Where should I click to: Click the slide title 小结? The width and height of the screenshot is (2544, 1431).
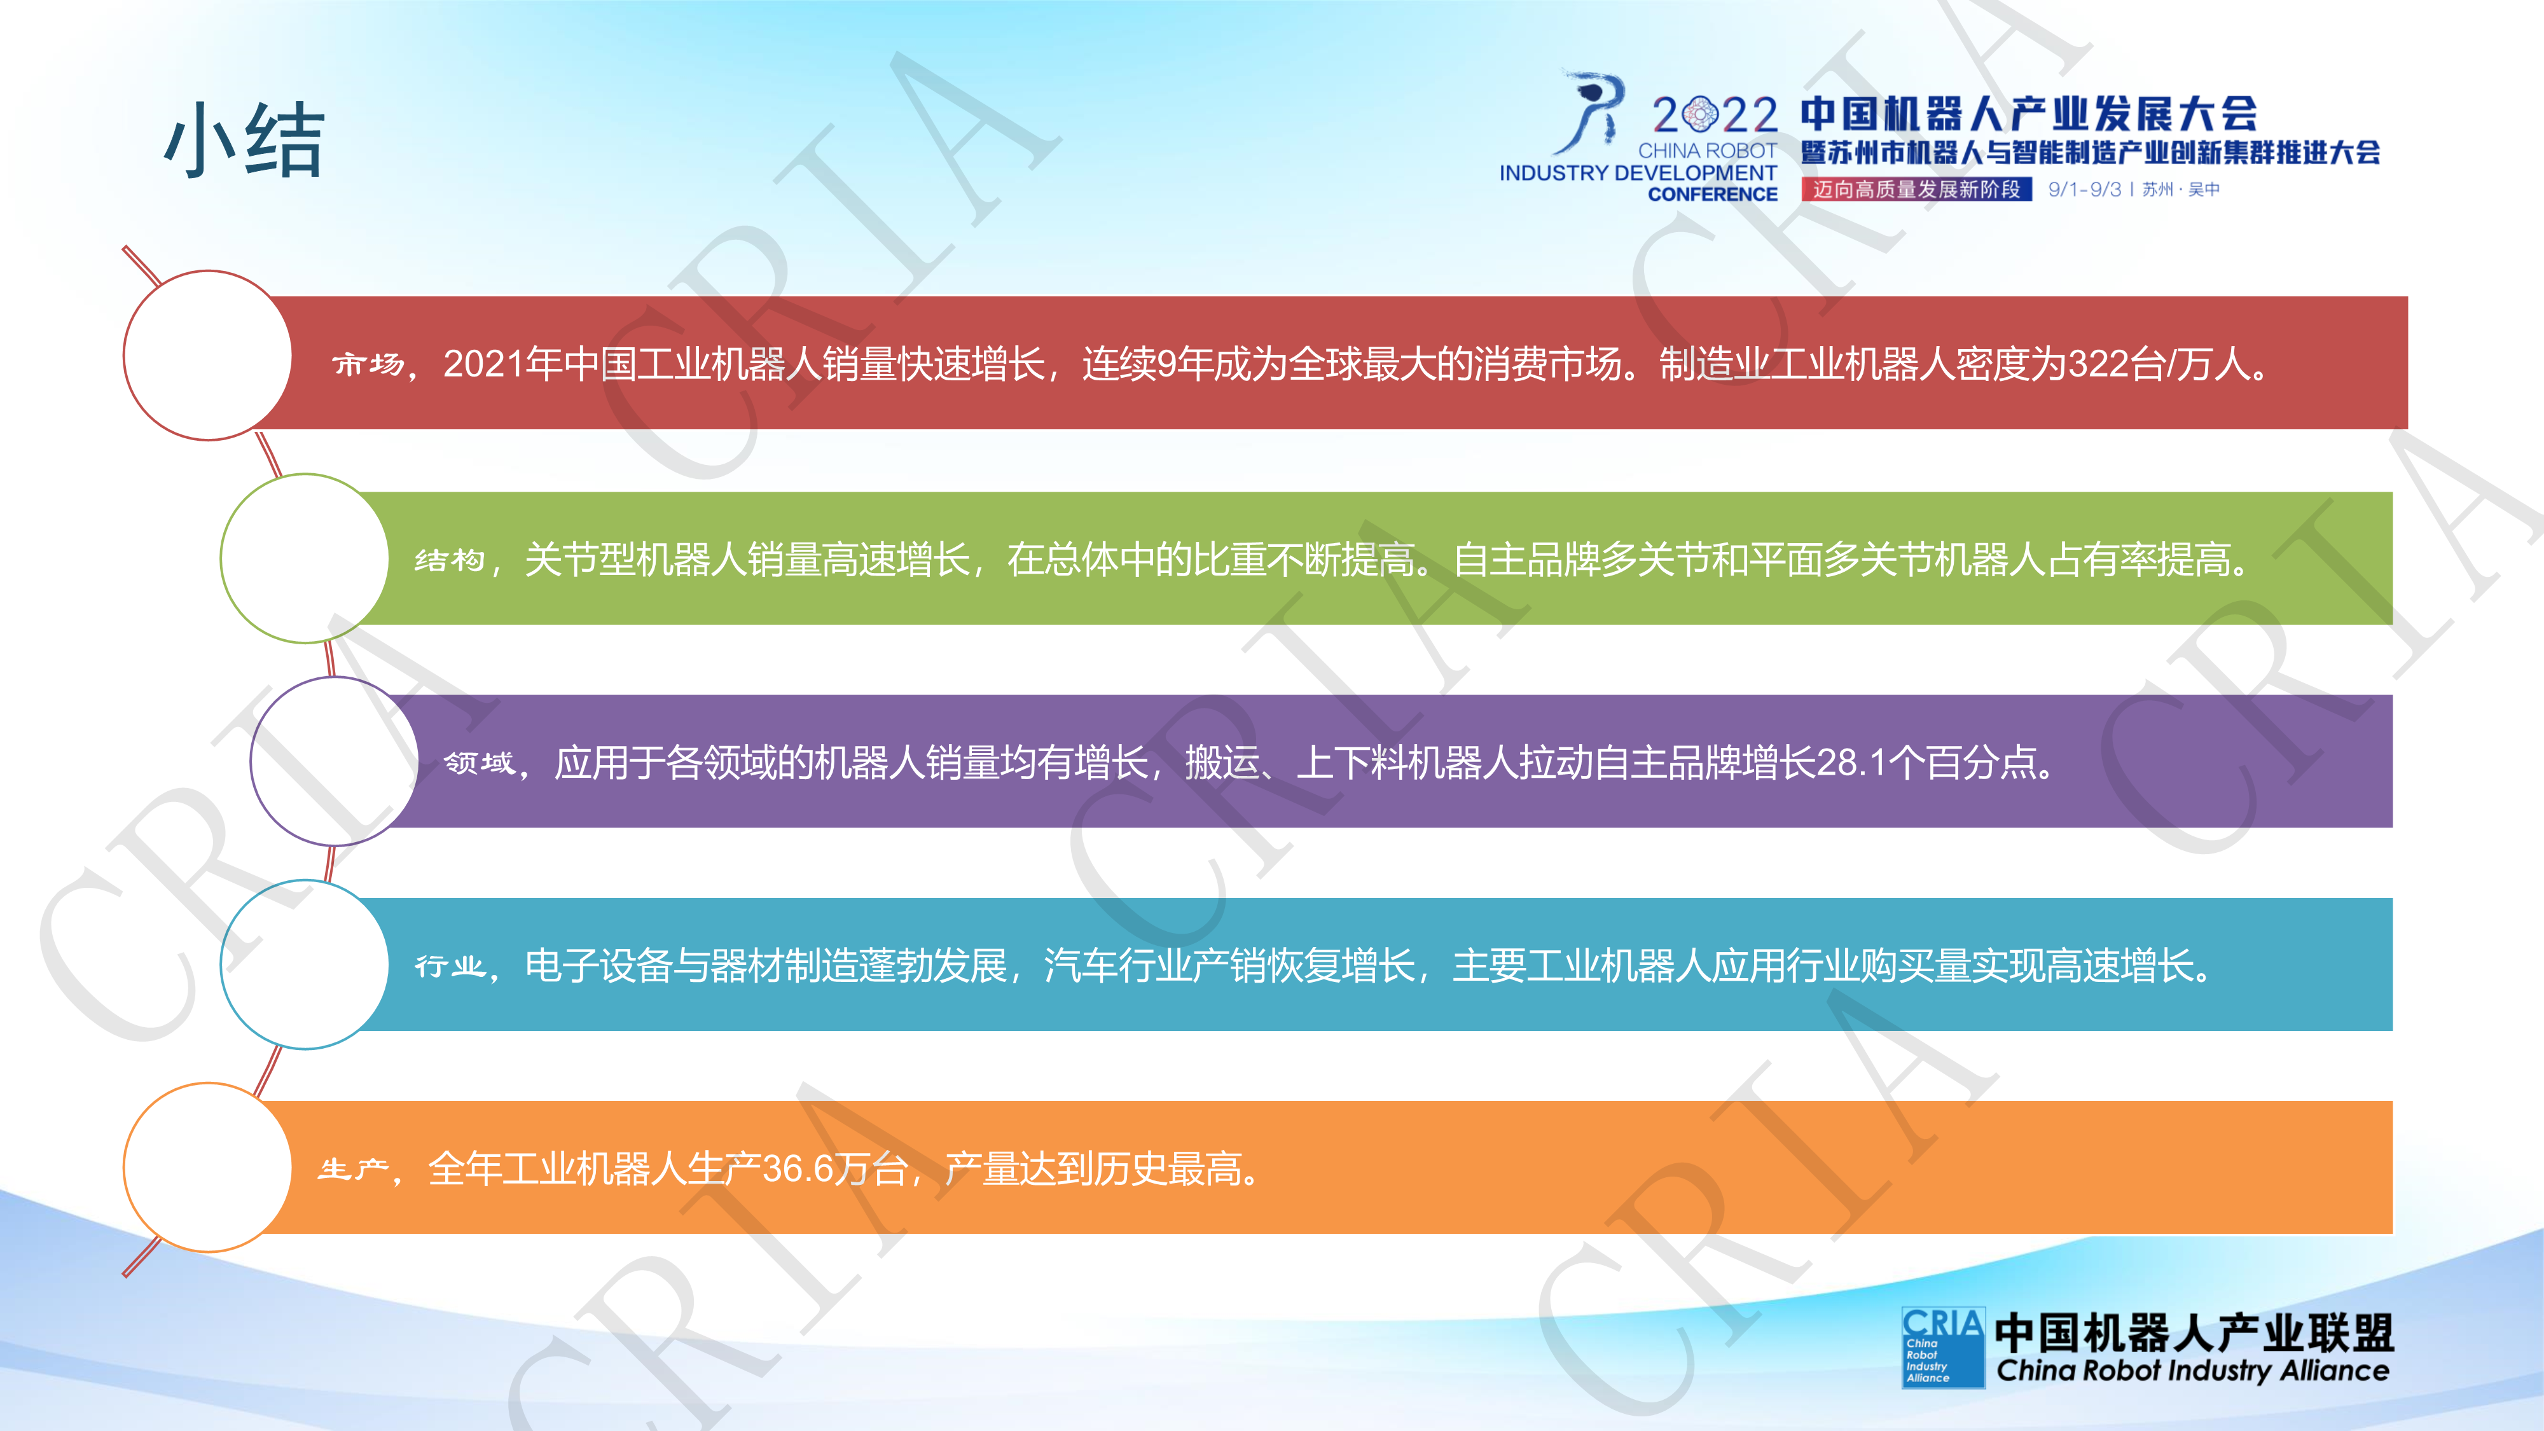pyautogui.click(x=244, y=140)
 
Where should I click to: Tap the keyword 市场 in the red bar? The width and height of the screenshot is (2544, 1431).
pyautogui.click(x=368, y=364)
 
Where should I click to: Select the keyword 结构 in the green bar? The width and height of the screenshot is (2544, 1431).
pyautogui.click(x=450, y=560)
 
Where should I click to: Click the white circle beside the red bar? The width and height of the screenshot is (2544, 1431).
pyautogui.click(x=207, y=356)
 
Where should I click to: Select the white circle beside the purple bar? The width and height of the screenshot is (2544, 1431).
pyautogui.click(x=335, y=761)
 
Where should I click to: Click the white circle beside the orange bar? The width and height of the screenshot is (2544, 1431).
pyautogui.click(x=207, y=1167)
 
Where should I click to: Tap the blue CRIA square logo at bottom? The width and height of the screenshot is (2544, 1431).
pyautogui.click(x=1942, y=1348)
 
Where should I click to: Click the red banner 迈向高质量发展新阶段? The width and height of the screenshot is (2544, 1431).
pyautogui.click(x=1916, y=189)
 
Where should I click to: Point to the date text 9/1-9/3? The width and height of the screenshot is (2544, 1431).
pyautogui.click(x=2084, y=190)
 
